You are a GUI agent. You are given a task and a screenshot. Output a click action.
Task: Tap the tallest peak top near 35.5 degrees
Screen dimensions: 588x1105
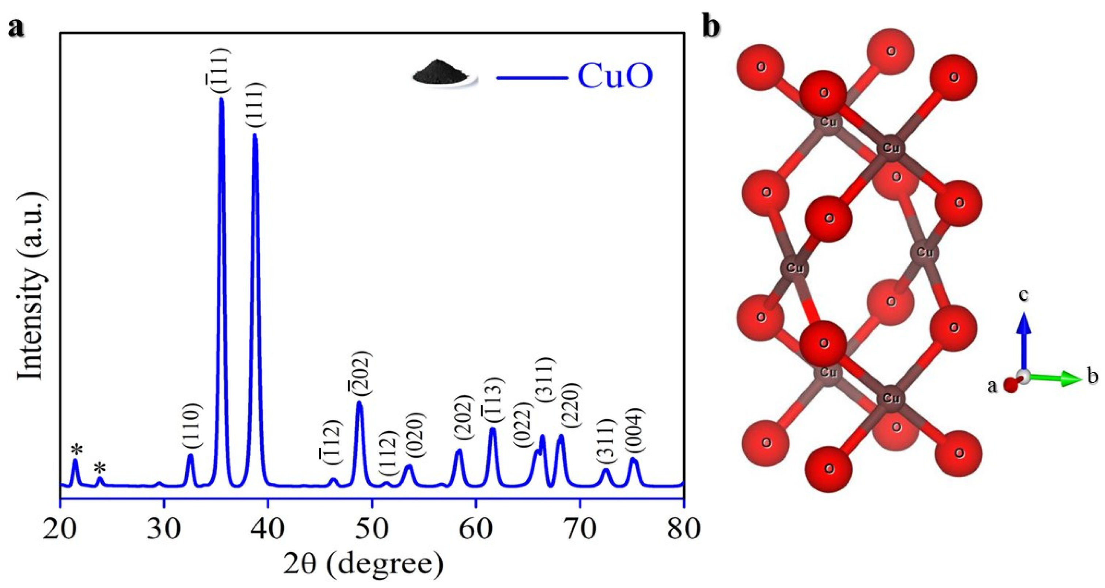[x=221, y=99]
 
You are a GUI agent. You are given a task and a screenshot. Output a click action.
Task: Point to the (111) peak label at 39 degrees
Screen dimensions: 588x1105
[x=256, y=105]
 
